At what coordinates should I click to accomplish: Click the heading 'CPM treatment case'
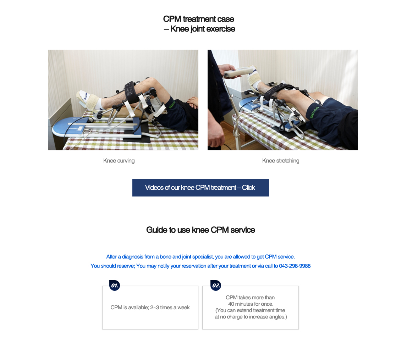click(198, 19)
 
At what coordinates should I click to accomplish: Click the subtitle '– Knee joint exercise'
click(199, 29)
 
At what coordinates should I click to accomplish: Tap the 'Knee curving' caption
click(119, 161)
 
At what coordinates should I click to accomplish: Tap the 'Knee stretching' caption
click(281, 161)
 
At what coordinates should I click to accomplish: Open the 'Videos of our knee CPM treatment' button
click(200, 188)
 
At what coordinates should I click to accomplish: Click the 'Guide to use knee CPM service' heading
click(200, 230)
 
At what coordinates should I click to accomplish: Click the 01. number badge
click(114, 285)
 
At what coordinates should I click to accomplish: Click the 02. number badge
click(215, 285)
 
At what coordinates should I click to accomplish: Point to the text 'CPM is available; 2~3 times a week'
click(150, 308)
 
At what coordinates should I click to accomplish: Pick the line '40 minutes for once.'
click(251, 304)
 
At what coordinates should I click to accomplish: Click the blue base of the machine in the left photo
click(67, 128)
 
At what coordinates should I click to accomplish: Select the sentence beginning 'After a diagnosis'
click(200, 257)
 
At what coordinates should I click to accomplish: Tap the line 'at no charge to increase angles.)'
click(251, 317)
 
